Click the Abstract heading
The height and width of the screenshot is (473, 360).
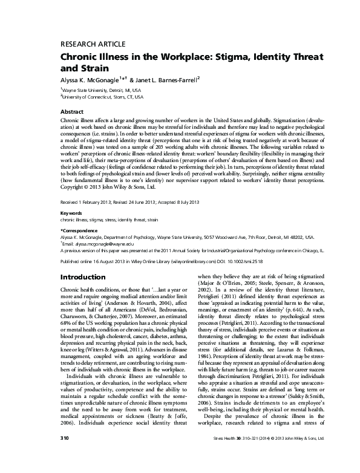[73, 112]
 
